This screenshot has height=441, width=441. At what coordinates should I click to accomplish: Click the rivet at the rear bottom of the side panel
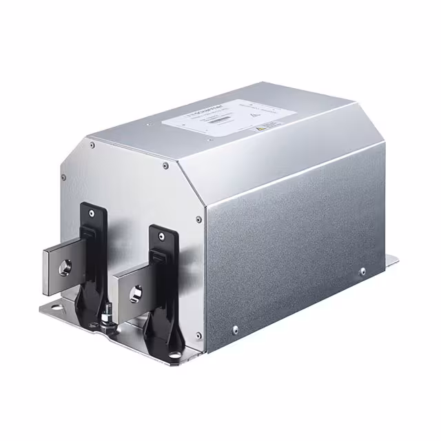click(363, 271)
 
